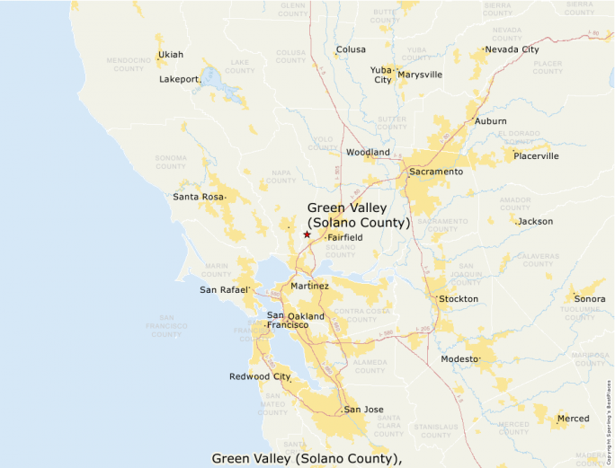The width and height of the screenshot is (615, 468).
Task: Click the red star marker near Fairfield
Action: (307, 234)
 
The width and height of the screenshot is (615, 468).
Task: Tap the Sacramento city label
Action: (436, 171)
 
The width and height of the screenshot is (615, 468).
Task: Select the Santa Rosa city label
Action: (198, 196)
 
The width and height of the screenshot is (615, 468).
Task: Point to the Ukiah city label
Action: (171, 55)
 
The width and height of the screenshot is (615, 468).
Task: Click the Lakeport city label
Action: (179, 79)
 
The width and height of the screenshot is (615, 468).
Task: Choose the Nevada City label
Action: (512, 49)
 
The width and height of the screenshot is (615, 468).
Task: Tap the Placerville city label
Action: (536, 155)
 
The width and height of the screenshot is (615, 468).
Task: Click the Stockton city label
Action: (459, 298)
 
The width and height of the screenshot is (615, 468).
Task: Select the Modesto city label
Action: (460, 358)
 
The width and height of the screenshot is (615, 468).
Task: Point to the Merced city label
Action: (573, 419)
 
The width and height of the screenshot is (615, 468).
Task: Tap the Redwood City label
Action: (260, 376)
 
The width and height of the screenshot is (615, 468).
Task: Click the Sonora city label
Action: (590, 298)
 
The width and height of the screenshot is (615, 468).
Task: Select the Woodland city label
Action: (368, 153)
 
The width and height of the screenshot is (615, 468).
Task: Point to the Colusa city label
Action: (351, 49)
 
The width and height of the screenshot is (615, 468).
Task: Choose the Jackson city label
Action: (536, 221)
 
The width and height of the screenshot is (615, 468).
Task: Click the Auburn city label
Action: (491, 121)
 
